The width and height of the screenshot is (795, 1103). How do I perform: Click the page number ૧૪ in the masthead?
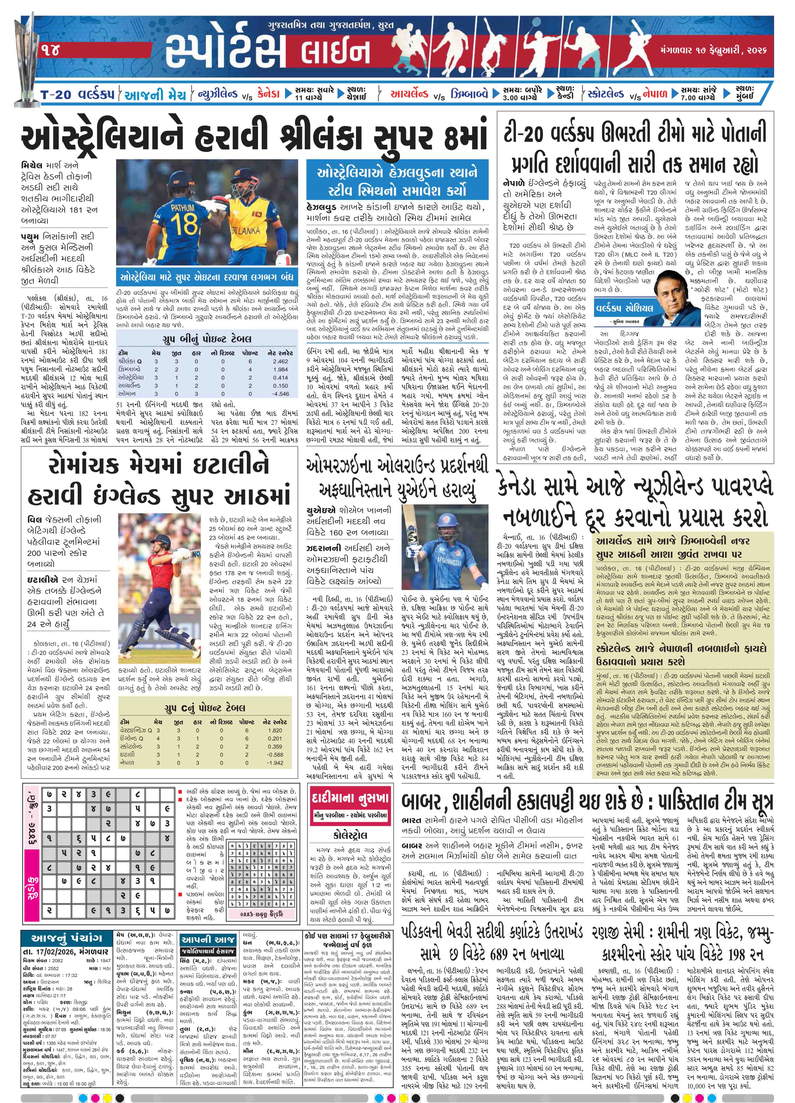point(50,50)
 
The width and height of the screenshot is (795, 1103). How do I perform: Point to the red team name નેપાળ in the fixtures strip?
point(654,94)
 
